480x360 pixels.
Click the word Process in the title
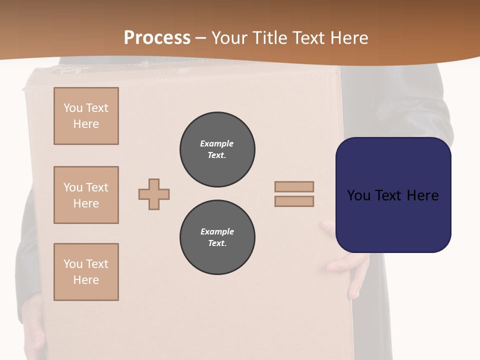pos(156,38)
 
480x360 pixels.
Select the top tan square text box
pos(86,116)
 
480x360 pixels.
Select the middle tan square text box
pos(86,195)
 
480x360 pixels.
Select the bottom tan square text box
pos(86,272)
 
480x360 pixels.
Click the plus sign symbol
pos(154,194)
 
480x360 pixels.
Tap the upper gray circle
pos(217,149)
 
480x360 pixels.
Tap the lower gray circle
pos(217,237)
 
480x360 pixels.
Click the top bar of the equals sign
pos(294,186)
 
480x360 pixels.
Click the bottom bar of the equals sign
pos(294,201)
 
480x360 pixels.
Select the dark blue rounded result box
pos(393,194)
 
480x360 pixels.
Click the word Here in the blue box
pos(422,195)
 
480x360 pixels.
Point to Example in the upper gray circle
pos(216,143)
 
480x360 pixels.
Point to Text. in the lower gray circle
pos(217,243)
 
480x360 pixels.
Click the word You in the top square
pos(73,108)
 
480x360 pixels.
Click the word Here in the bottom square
pos(86,280)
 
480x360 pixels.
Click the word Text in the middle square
pos(96,187)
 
